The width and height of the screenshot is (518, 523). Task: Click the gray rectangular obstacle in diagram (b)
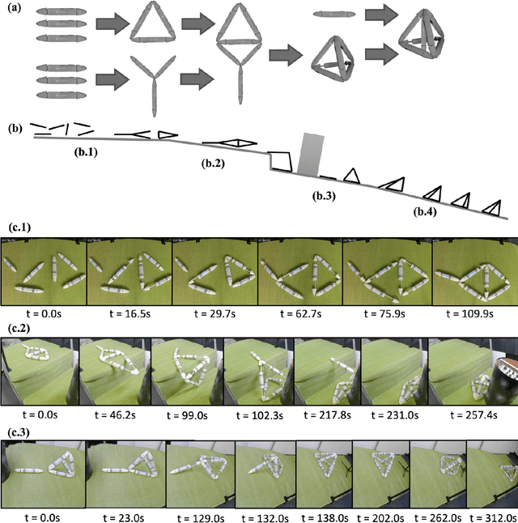(310, 154)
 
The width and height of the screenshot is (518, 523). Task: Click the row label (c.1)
(17, 229)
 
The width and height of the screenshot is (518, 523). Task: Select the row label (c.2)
(17, 330)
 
